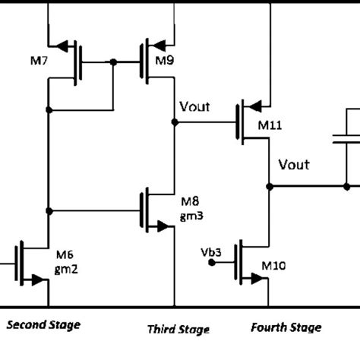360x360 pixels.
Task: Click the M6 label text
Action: (64, 256)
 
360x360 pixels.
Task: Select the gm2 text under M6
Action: (65, 269)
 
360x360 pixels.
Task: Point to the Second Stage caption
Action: (43, 325)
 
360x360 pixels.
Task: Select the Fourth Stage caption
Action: (286, 327)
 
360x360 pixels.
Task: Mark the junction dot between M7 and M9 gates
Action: (112, 62)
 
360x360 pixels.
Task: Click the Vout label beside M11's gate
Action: (195, 107)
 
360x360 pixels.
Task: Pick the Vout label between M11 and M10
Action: (295, 165)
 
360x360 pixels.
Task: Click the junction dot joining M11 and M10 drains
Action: (270, 185)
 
